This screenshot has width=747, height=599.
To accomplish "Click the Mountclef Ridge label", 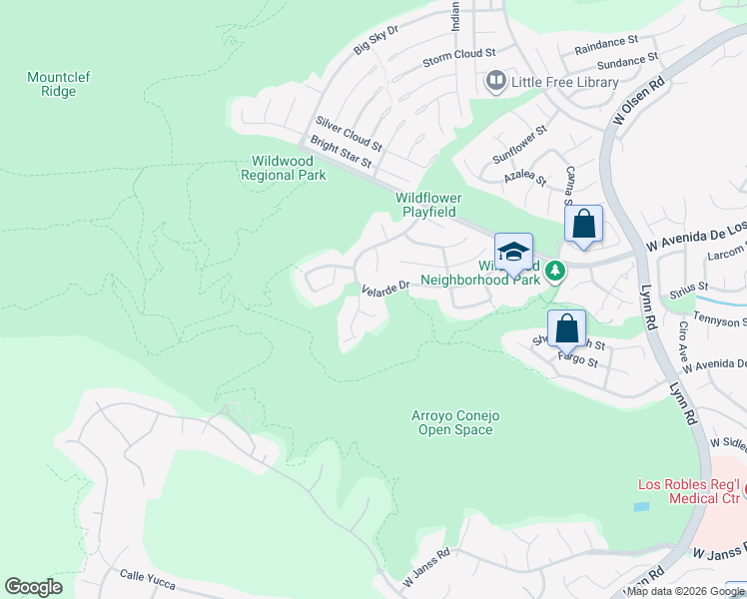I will click(52, 84).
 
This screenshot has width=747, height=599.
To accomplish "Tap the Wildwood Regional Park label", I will click(284, 167).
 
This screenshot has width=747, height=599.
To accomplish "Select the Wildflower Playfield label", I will click(428, 205).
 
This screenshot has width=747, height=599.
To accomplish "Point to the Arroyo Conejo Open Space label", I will click(453, 422).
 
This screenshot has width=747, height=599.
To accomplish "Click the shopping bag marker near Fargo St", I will click(566, 326).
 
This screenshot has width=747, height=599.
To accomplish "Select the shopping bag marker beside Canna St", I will click(584, 225).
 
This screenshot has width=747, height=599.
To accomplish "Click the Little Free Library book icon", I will click(495, 81).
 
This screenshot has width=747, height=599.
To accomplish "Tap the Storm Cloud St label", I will click(458, 53).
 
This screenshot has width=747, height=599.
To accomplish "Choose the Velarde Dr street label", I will click(385, 288).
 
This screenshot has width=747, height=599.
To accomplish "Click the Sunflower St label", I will click(519, 144).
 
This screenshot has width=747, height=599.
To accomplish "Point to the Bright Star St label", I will click(342, 152).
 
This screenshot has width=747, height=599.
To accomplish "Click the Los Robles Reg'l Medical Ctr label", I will click(689, 491).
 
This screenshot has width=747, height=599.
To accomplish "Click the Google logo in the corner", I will click(33, 587).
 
